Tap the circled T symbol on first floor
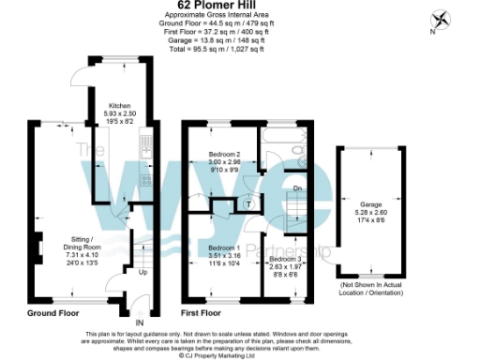tap(248, 203)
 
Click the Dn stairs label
tap(296, 187)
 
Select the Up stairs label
tap(142, 274)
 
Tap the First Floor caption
tap(201, 311)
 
